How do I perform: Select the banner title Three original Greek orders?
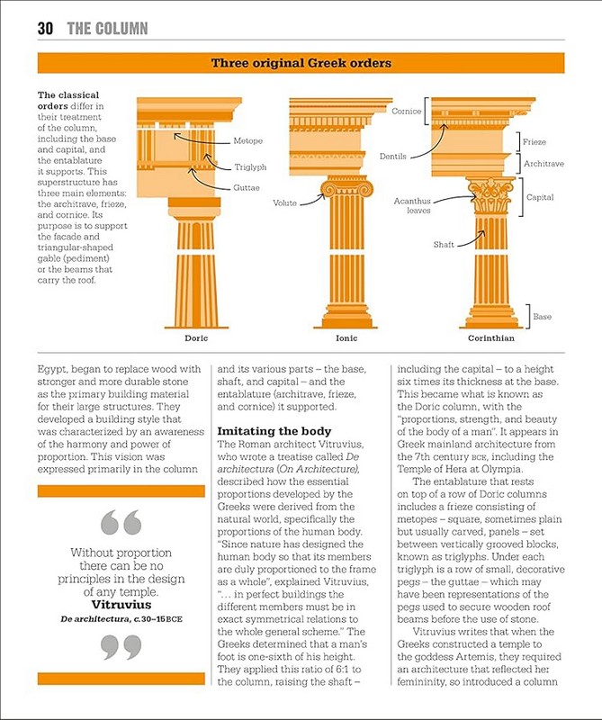[x=301, y=63]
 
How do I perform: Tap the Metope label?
[x=247, y=142]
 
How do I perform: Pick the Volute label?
[x=285, y=203]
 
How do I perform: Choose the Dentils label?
[x=392, y=157]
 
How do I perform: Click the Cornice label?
[x=407, y=112]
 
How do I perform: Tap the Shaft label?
[x=444, y=244]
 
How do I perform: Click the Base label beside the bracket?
[x=542, y=317]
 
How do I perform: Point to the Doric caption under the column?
[x=196, y=338]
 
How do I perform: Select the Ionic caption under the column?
[x=346, y=338]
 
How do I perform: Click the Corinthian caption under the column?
[x=491, y=338]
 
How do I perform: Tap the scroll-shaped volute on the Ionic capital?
[x=328, y=190]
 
